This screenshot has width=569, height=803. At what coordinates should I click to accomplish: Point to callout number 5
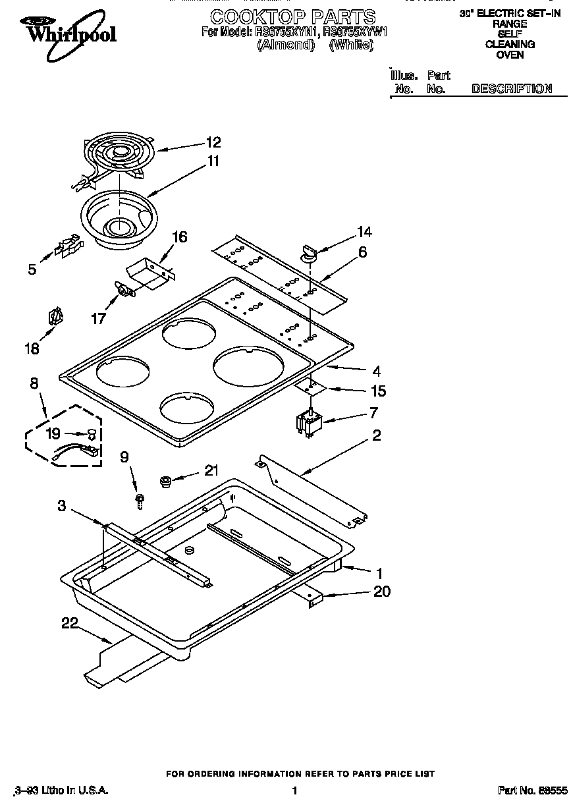[x=32, y=269]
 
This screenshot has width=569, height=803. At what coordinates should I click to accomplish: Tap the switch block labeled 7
[x=308, y=423]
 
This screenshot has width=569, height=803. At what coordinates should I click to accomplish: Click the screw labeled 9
[x=140, y=502]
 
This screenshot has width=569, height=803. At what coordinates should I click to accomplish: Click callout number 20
[x=382, y=592]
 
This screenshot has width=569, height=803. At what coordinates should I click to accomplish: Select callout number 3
[x=61, y=506]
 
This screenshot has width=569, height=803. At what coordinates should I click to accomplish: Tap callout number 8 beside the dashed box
[x=34, y=382]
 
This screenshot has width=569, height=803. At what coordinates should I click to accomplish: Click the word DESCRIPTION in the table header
[x=511, y=88]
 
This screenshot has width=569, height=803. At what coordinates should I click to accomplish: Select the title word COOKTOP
[x=249, y=16]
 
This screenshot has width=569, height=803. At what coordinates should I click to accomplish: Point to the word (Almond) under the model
[x=284, y=45]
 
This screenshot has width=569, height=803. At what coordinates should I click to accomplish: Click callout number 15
[x=377, y=391]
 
